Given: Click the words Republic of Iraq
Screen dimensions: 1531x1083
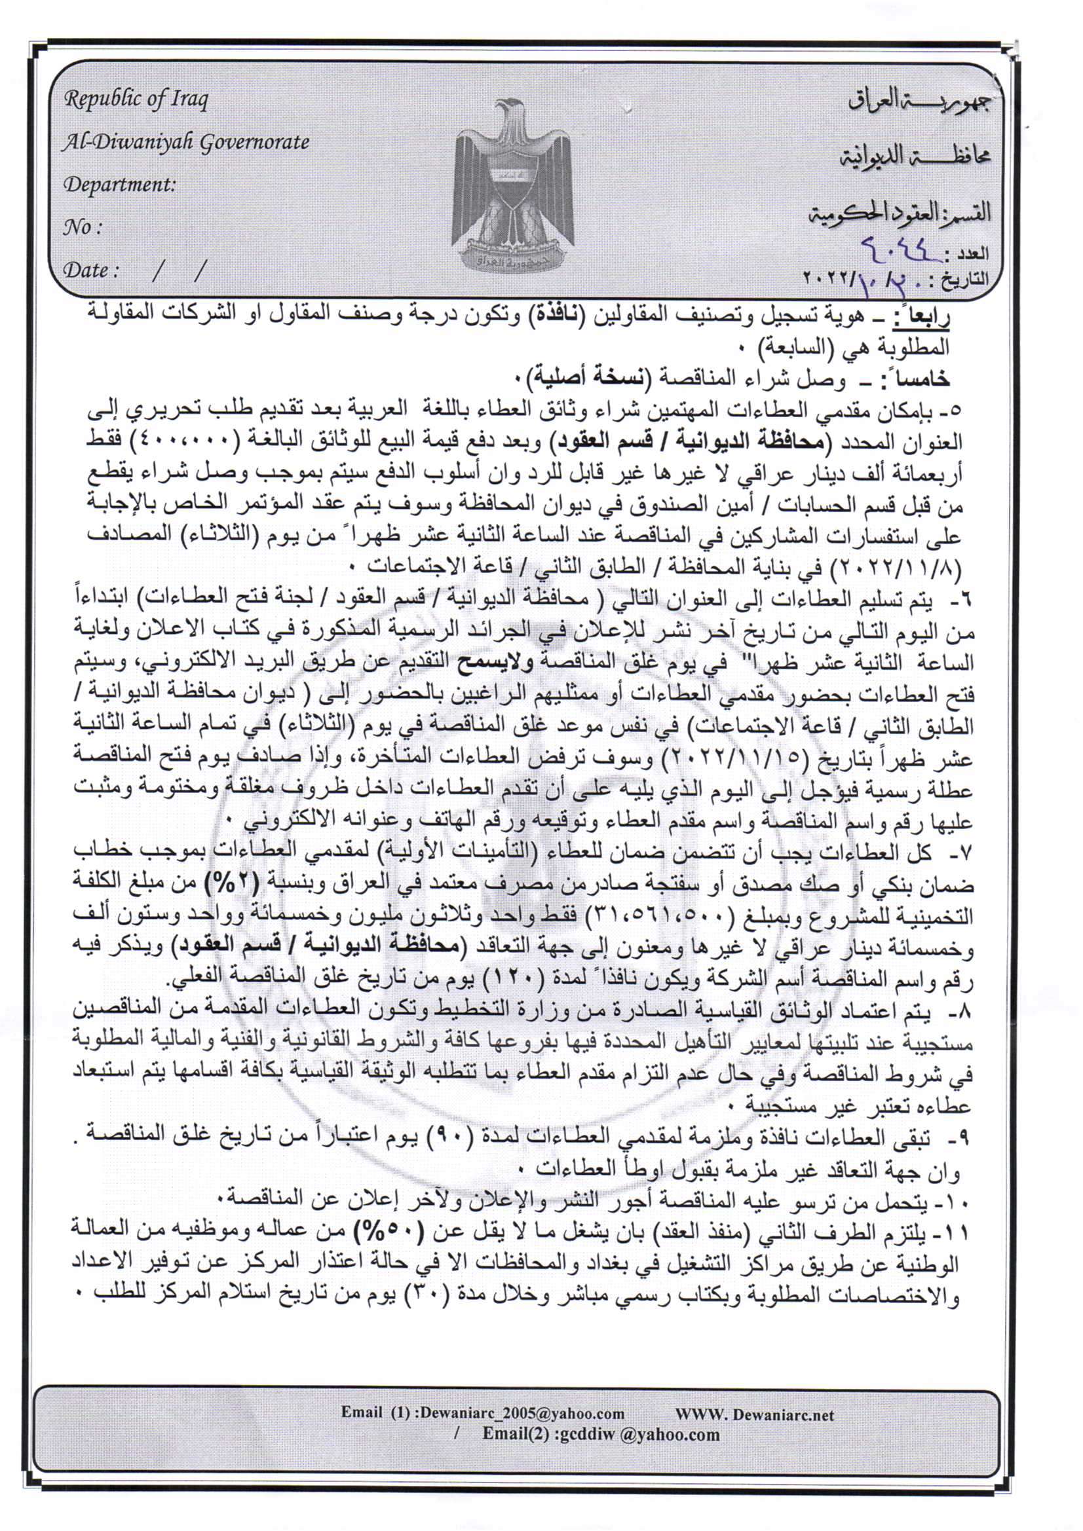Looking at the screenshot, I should [x=136, y=100].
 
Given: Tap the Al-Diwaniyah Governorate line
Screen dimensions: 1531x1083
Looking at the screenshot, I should [x=186, y=143].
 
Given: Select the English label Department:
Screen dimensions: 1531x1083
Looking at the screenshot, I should [x=119, y=185].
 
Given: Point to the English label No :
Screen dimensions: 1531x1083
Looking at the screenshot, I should [x=83, y=227].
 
